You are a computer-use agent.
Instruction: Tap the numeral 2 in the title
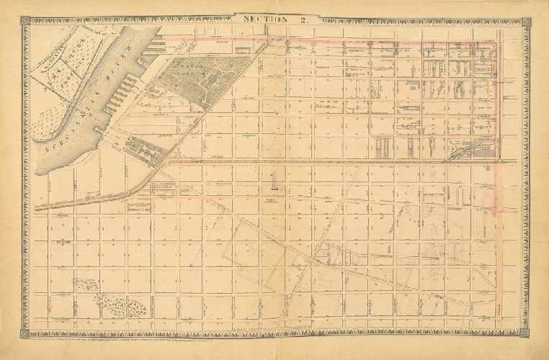pyautogui.click(x=303, y=19)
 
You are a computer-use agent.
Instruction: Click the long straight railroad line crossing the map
pyautogui.click(x=324, y=162)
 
